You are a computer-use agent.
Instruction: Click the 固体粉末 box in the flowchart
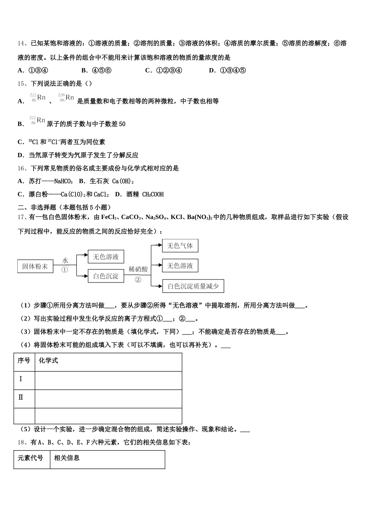point(35,266)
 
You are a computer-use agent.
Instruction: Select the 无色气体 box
point(180,246)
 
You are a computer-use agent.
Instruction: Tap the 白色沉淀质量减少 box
point(193,286)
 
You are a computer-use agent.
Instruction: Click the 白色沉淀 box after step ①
point(106,276)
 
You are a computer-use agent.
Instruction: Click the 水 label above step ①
point(65,261)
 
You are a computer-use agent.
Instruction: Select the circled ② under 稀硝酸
point(138,279)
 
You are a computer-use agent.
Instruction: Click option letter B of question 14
point(84,70)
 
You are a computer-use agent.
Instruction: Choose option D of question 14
point(212,70)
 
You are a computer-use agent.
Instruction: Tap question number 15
point(22,83)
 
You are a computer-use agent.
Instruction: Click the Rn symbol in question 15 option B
point(41,120)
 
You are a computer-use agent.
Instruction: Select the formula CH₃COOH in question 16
point(153,194)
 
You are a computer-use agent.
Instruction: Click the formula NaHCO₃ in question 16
point(63,181)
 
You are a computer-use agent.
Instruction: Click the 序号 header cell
point(24,361)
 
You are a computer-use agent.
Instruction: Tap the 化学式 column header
point(49,361)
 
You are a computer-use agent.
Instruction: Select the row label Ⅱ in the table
point(21,397)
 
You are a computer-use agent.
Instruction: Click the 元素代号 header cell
point(30,458)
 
